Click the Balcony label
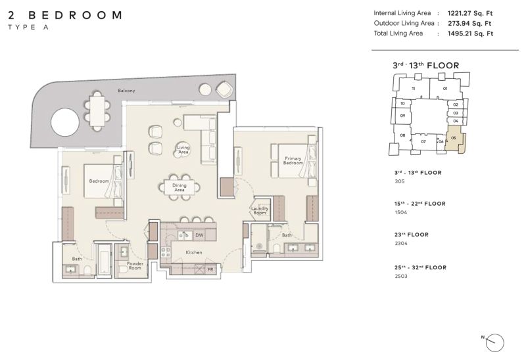126,91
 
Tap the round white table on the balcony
65,122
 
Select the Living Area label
183,150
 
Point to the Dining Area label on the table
179,187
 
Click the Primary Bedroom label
293,160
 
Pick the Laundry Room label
260,210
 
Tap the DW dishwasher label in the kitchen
199,235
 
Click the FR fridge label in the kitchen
210,269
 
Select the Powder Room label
135,265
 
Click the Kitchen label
194,252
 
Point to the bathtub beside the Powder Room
104,259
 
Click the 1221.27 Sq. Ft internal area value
470,13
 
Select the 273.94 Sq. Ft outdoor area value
469,24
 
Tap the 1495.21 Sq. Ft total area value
470,34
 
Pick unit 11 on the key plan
414,89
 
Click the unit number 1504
400,212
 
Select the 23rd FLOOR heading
412,235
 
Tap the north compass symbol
494,342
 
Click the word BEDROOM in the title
75,15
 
